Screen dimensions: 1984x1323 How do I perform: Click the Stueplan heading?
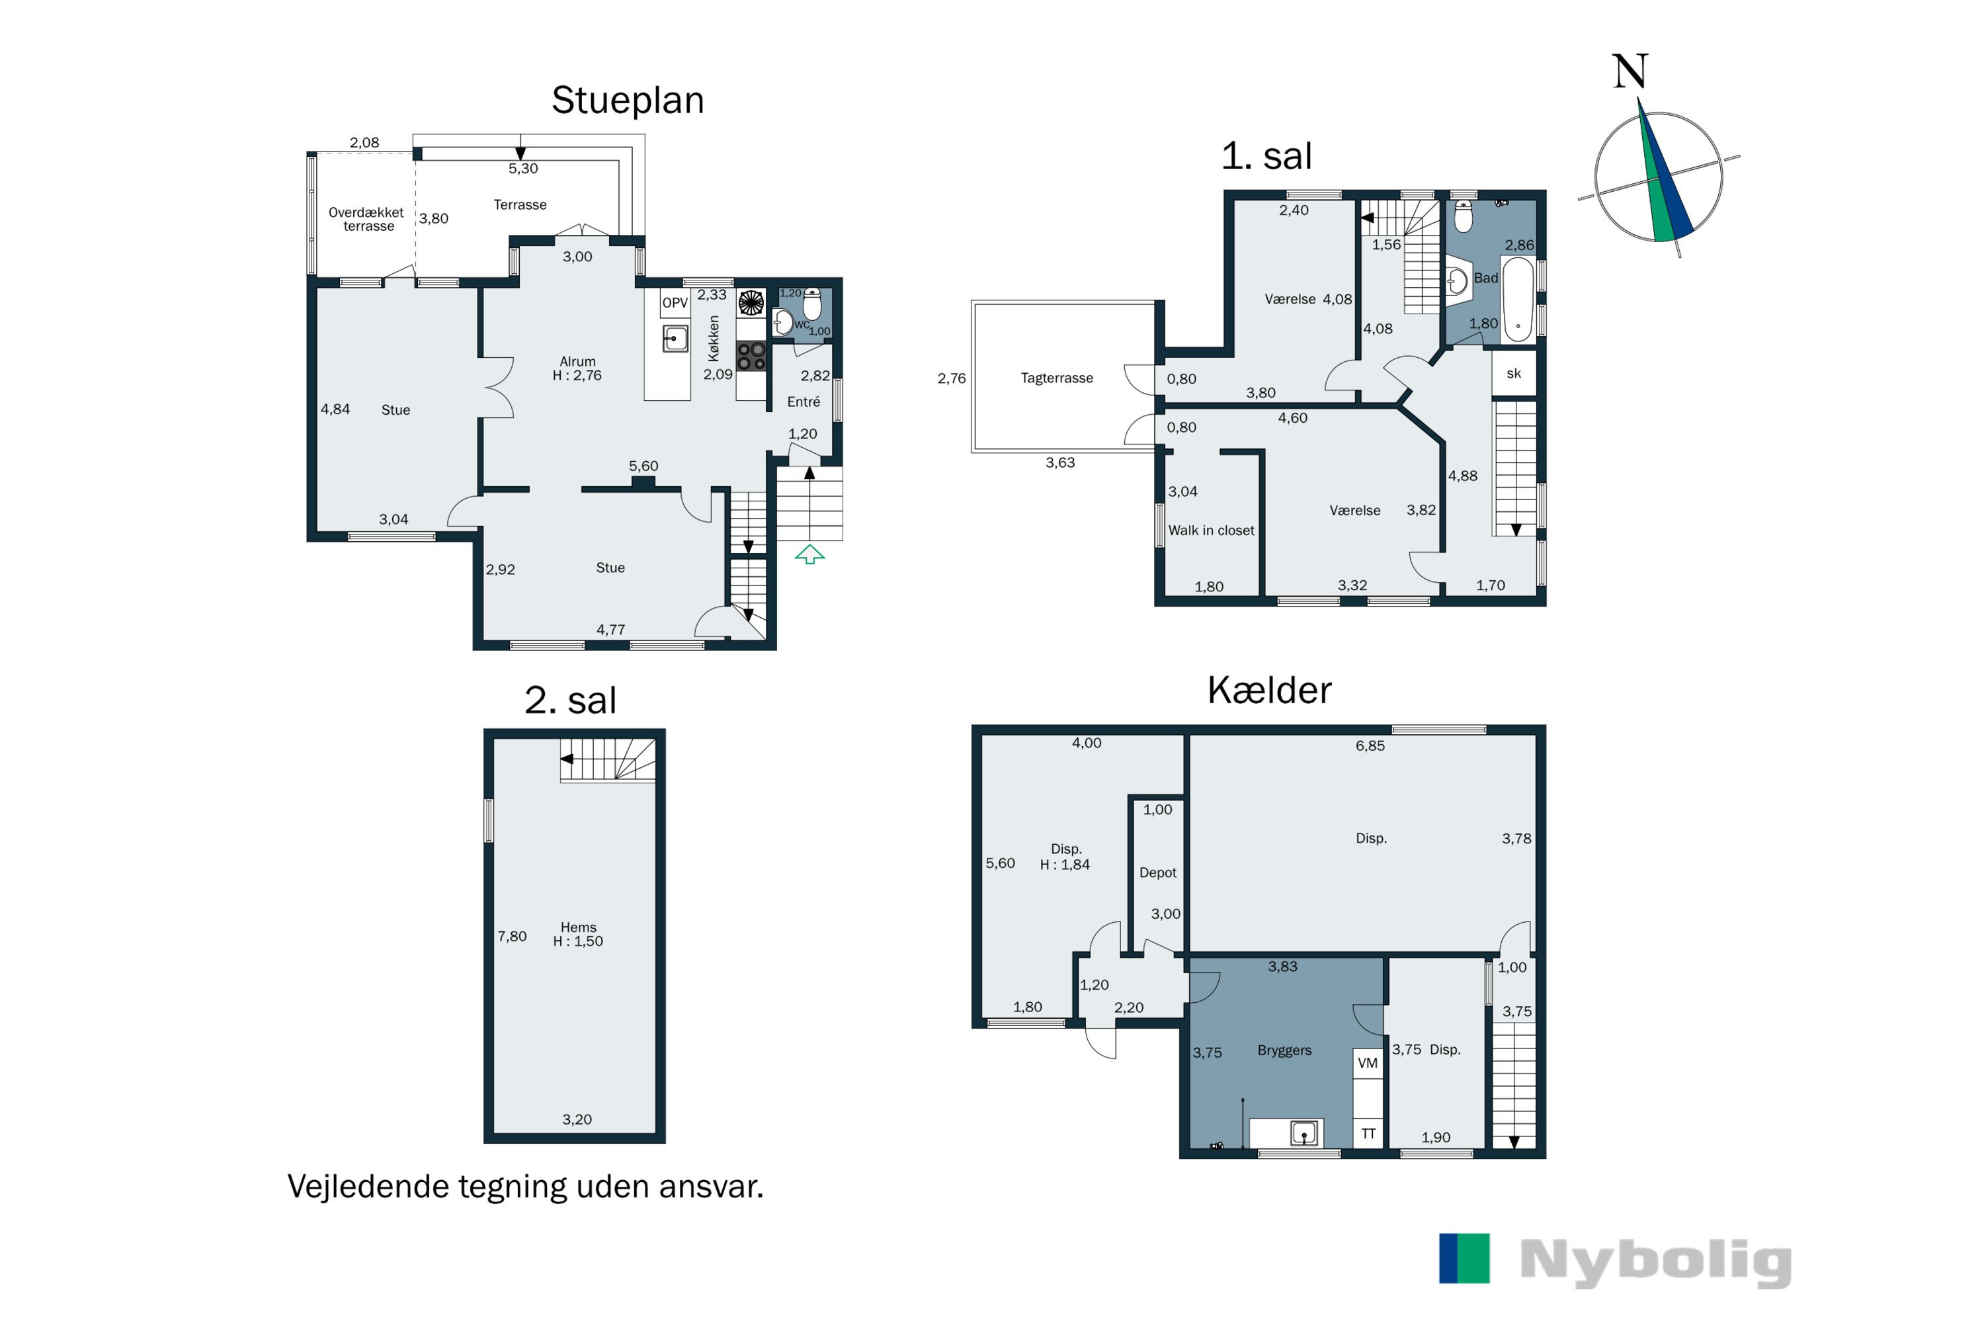628,101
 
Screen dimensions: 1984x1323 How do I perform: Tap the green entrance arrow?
809,554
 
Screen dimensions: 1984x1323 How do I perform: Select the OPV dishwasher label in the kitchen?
675,303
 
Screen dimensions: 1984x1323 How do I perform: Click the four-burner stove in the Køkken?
751,356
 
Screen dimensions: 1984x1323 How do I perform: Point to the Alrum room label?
578,361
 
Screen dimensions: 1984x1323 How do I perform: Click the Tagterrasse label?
1057,378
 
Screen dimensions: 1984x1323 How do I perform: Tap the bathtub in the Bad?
1518,300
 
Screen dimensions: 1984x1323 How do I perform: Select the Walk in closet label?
1212,530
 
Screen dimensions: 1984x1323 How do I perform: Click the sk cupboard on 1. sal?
1514,373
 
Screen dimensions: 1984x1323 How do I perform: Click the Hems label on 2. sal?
579,927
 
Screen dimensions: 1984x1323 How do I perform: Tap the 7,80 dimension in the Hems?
512,936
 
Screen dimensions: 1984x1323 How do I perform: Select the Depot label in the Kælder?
1157,873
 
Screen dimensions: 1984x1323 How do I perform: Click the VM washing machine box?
1368,1063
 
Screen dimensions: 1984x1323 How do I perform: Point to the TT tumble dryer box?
1368,1133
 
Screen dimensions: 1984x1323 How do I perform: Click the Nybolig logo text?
1656,1262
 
